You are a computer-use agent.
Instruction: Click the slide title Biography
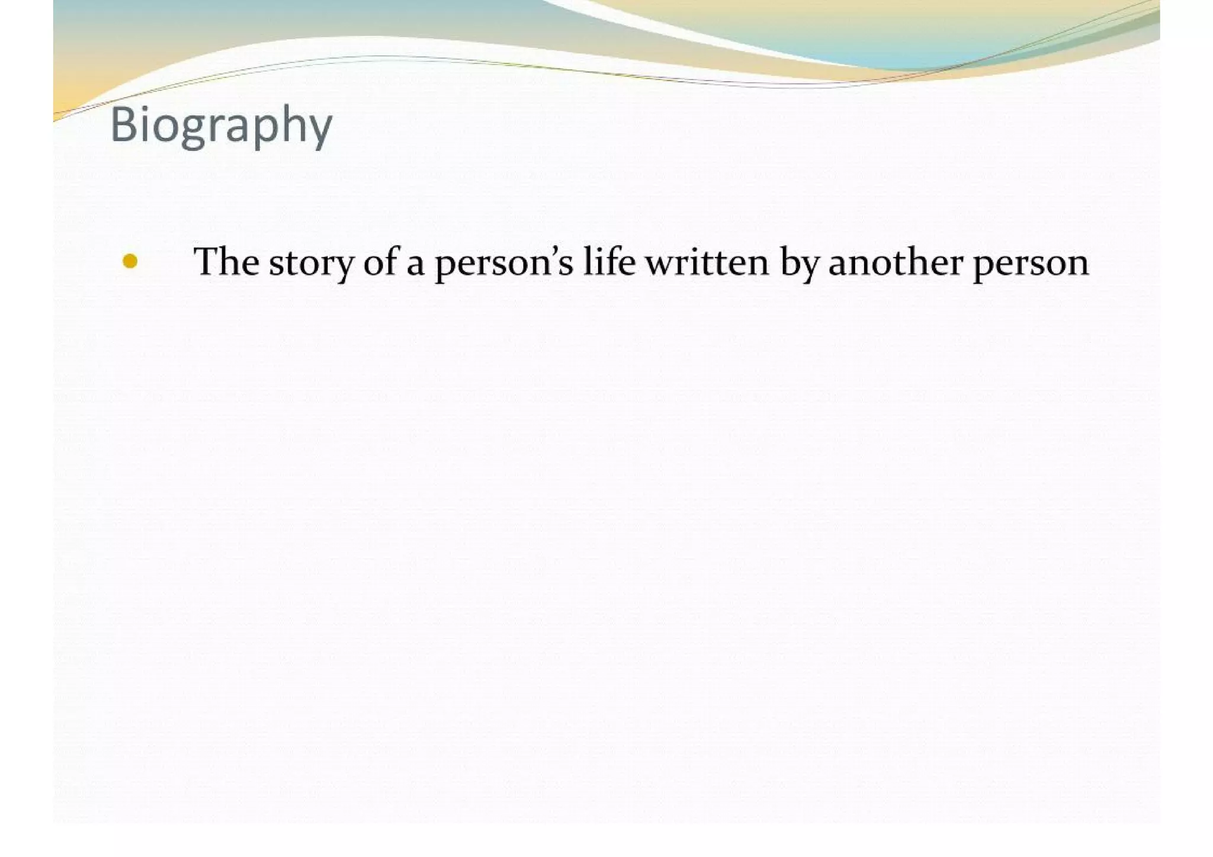click(221, 125)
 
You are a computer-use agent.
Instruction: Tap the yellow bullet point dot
click(130, 261)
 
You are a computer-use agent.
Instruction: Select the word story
click(311, 264)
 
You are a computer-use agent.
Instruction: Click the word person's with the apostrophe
click(504, 264)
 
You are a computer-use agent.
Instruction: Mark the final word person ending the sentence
click(1031, 265)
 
